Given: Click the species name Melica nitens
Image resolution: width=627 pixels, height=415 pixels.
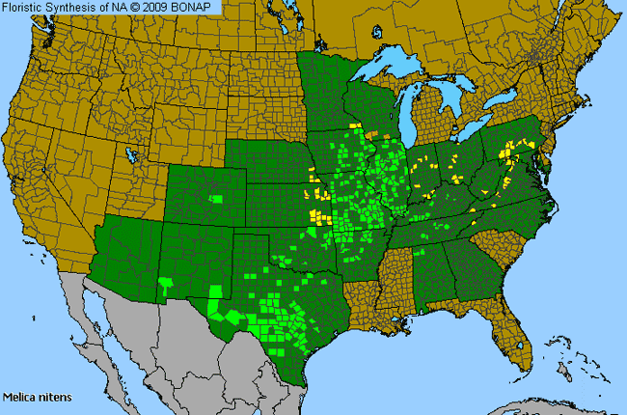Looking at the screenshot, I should [37, 397].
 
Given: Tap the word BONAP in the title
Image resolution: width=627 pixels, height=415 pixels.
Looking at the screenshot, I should [197, 7].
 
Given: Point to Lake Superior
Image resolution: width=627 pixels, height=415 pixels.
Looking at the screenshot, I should [395, 69].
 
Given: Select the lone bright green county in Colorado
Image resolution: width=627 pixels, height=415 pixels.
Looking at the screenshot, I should [217, 199].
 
